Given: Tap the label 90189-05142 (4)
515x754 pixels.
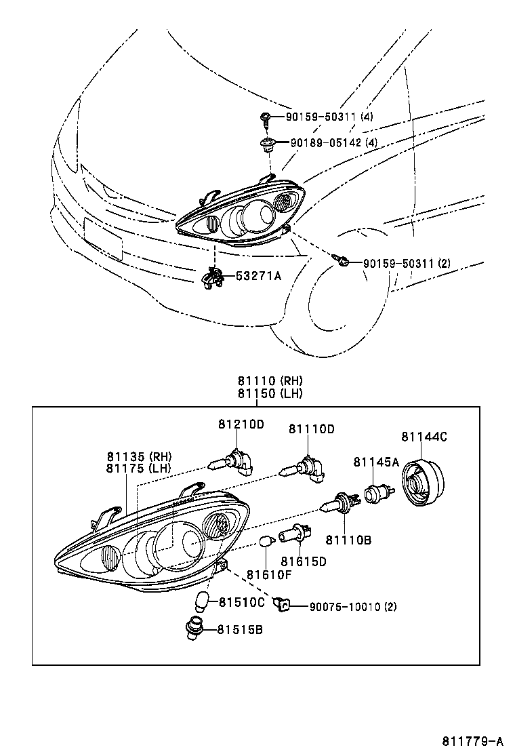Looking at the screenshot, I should tap(334, 143).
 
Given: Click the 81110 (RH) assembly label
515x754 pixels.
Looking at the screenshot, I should tap(270, 382).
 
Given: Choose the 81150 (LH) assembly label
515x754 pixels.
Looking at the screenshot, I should tap(270, 393).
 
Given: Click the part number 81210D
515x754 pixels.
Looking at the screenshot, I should tap(241, 424).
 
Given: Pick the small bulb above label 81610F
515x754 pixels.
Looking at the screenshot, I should tap(266, 542).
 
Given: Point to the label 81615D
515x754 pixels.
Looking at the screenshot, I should tap(304, 561).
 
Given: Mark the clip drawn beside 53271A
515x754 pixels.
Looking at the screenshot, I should tap(213, 277).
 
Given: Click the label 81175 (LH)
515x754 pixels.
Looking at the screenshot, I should tap(139, 468).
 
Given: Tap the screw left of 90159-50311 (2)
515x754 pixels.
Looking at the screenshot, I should tap(342, 260).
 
